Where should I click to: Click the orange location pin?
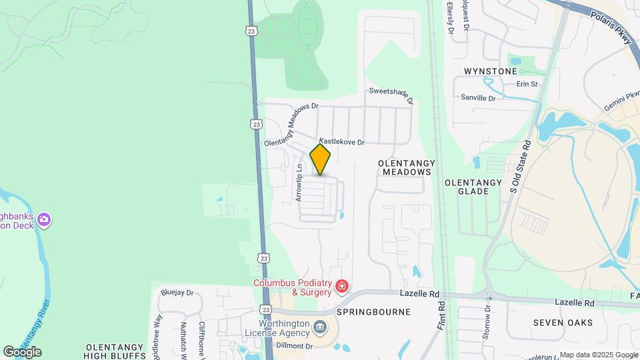point(321,159)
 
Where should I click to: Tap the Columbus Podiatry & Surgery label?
point(292,287)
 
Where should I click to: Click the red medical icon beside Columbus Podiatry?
point(342,287)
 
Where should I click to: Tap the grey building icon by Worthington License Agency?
point(319,327)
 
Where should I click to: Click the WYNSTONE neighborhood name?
point(491,71)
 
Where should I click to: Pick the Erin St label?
point(527,85)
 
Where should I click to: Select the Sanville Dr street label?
point(479,98)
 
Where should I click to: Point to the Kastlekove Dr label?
point(342,142)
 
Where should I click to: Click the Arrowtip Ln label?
point(299,183)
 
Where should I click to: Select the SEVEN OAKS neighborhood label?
point(563,323)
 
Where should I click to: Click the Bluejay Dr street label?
point(177,293)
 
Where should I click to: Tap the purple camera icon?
point(45,219)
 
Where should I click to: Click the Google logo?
point(22,351)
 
